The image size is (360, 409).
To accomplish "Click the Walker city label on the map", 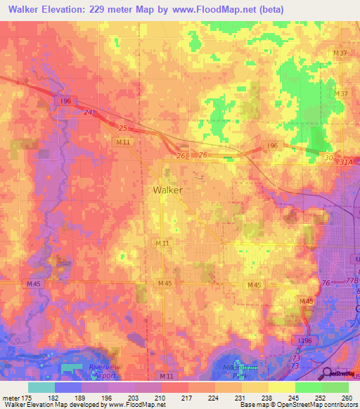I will tap(168, 190).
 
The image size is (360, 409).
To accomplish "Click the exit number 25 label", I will tap(124, 129).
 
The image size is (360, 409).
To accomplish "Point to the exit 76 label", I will tap(324, 283).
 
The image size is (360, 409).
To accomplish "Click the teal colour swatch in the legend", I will tap(41, 387).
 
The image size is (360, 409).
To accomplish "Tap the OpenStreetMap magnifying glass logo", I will tap(328, 374).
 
